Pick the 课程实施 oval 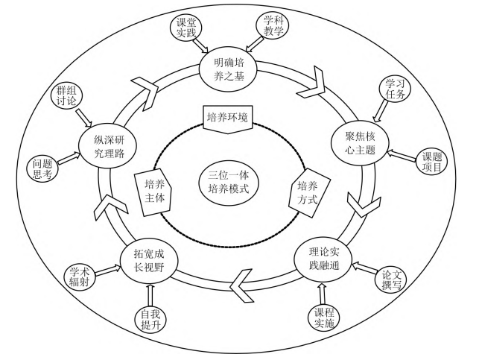pos(323,316)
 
